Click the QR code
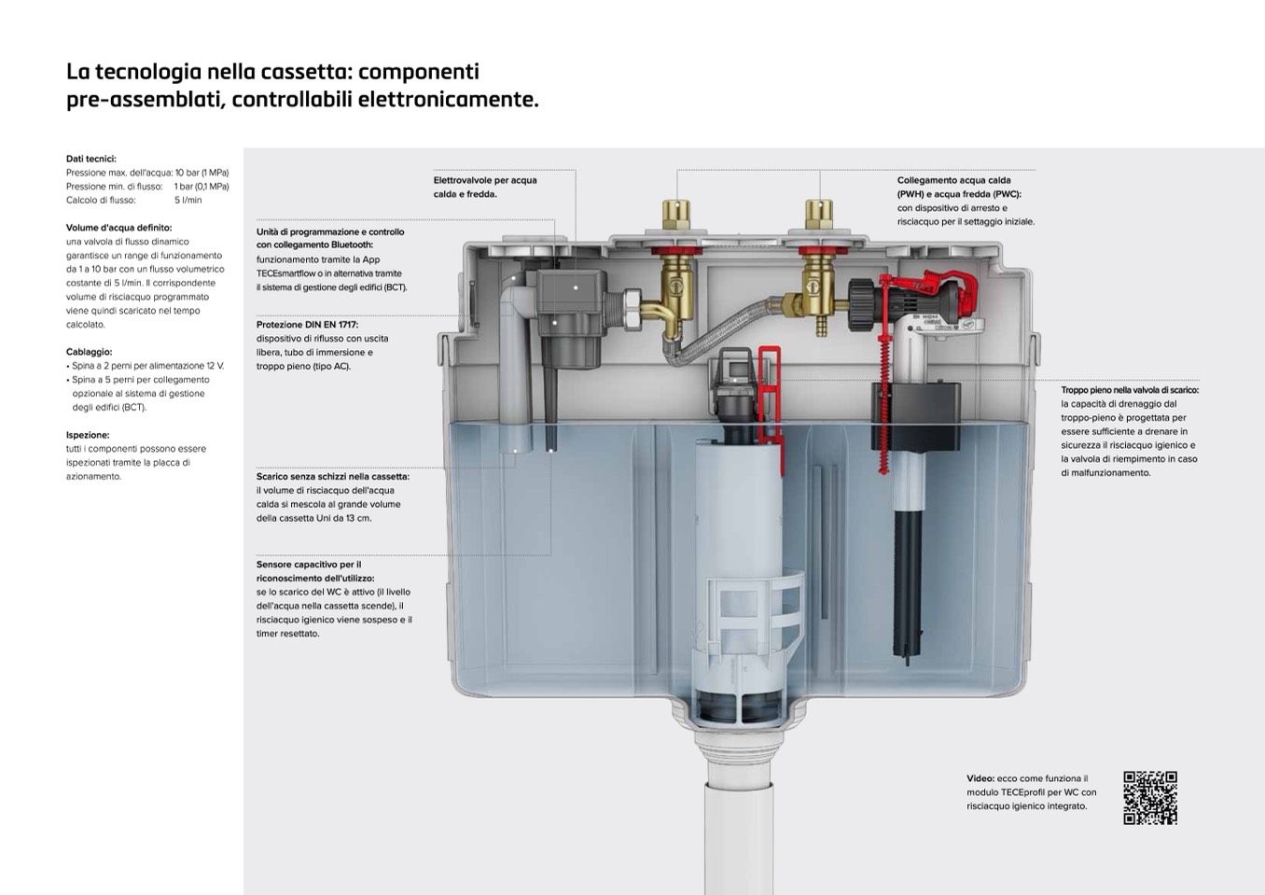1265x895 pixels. [x=1149, y=798]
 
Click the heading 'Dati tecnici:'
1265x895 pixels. [x=91, y=159]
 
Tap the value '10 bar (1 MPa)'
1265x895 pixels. [x=202, y=173]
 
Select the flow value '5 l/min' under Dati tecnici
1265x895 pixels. [x=188, y=201]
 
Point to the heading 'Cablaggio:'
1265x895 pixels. [x=89, y=352]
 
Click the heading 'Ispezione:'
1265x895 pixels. [x=88, y=435]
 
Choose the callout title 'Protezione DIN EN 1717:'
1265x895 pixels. [x=307, y=325]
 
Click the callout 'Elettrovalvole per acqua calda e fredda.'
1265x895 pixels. [x=485, y=187]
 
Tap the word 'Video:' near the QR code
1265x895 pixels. [x=980, y=778]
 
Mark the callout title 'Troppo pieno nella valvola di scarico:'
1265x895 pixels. [x=1130, y=390]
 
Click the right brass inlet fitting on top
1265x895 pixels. [x=820, y=217]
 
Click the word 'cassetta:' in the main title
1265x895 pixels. [x=308, y=72]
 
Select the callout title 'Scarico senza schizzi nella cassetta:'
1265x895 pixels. [x=332, y=477]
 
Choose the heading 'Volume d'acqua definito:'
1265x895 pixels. [x=118, y=228]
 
